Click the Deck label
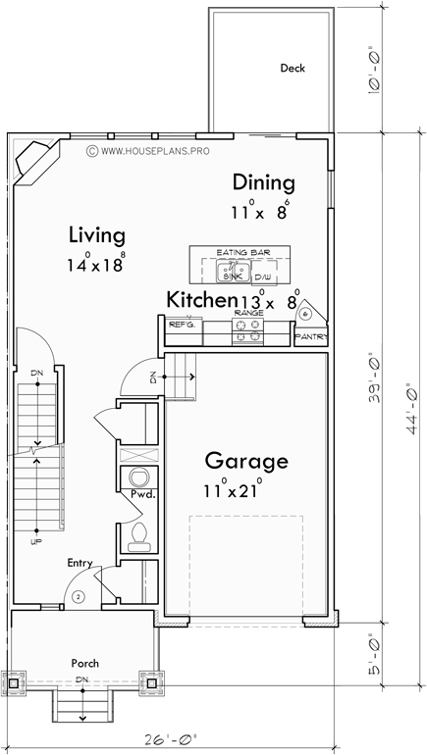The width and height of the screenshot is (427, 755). pos(293,69)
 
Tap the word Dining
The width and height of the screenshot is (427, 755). pos(262,182)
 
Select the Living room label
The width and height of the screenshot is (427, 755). pos(96,235)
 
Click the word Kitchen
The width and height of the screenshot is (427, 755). pos(200,300)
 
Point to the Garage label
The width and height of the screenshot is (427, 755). pos(245,460)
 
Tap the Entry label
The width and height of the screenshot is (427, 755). pos(80,563)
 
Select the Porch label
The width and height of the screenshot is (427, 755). pos(84,662)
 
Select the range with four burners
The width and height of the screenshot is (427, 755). pos(247,332)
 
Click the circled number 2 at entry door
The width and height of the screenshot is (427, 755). pos(80,595)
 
